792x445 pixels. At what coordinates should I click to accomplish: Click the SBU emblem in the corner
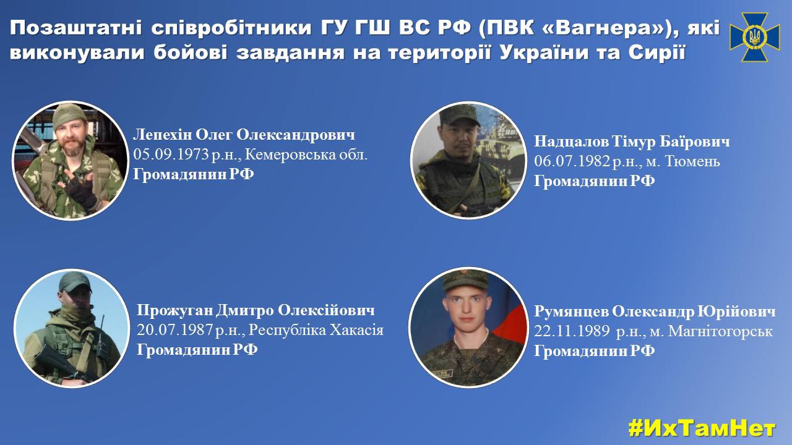tap(754, 36)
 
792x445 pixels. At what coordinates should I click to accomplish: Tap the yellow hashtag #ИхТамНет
tap(702, 429)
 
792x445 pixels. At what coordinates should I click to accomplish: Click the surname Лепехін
tap(162, 135)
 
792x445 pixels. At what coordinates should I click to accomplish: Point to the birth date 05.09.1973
tap(171, 155)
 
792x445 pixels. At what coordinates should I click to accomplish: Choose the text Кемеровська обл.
tap(306, 155)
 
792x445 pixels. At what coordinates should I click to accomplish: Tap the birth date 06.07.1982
tap(572, 161)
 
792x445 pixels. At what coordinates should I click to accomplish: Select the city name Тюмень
tap(692, 161)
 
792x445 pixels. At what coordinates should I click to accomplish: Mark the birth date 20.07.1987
tap(174, 330)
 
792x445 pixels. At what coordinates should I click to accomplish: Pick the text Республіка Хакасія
tap(316, 330)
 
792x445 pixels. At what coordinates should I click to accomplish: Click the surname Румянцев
tap(571, 311)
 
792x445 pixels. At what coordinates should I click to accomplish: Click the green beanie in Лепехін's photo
tap(69, 116)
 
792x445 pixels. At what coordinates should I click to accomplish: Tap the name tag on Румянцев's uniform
tap(442, 373)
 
